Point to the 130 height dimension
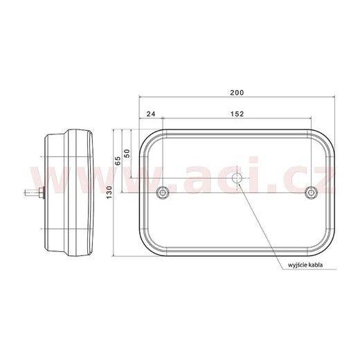tap(108, 196)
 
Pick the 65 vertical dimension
tap(117, 159)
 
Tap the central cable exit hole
tap(237, 179)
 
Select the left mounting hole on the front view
tap(163, 192)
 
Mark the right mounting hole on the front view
tap(310, 192)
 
